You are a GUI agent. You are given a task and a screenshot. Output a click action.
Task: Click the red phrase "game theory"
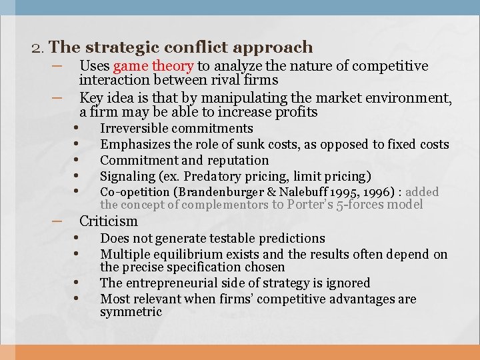tap(153, 66)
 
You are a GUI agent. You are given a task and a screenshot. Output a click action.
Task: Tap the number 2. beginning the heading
tap(38, 47)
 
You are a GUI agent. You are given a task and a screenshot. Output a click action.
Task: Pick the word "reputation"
tap(238, 160)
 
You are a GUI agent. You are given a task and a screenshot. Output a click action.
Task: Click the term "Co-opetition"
tap(135, 192)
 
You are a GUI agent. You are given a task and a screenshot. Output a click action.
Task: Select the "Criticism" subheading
tap(108, 221)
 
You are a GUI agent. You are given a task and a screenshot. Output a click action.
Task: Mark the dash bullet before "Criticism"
tap(56, 221)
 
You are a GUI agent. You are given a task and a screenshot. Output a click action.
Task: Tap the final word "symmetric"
tap(131, 311)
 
